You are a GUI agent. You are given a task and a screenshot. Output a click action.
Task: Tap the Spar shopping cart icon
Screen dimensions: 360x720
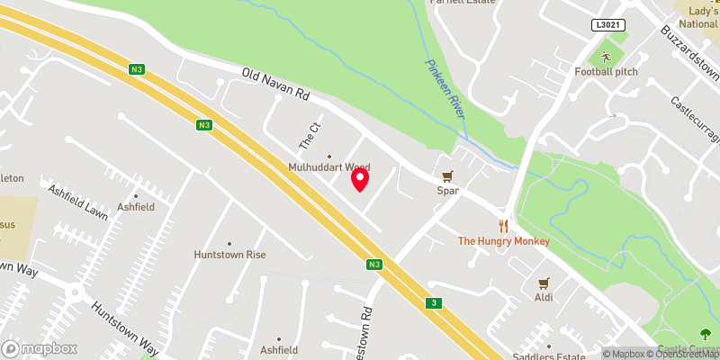coord(446,175)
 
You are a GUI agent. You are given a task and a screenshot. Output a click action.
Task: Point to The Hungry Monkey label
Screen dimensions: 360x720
coord(503,241)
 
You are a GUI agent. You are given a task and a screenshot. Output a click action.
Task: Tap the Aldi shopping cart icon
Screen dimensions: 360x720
coord(544,282)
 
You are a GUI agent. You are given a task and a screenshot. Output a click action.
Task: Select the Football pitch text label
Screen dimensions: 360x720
coord(606,71)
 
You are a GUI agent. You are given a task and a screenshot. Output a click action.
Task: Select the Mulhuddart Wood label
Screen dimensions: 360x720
coord(328,167)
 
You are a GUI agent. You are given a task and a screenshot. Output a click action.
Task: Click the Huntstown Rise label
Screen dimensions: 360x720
coord(229,255)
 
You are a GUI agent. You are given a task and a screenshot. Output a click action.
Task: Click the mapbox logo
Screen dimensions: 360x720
coord(40,348)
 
